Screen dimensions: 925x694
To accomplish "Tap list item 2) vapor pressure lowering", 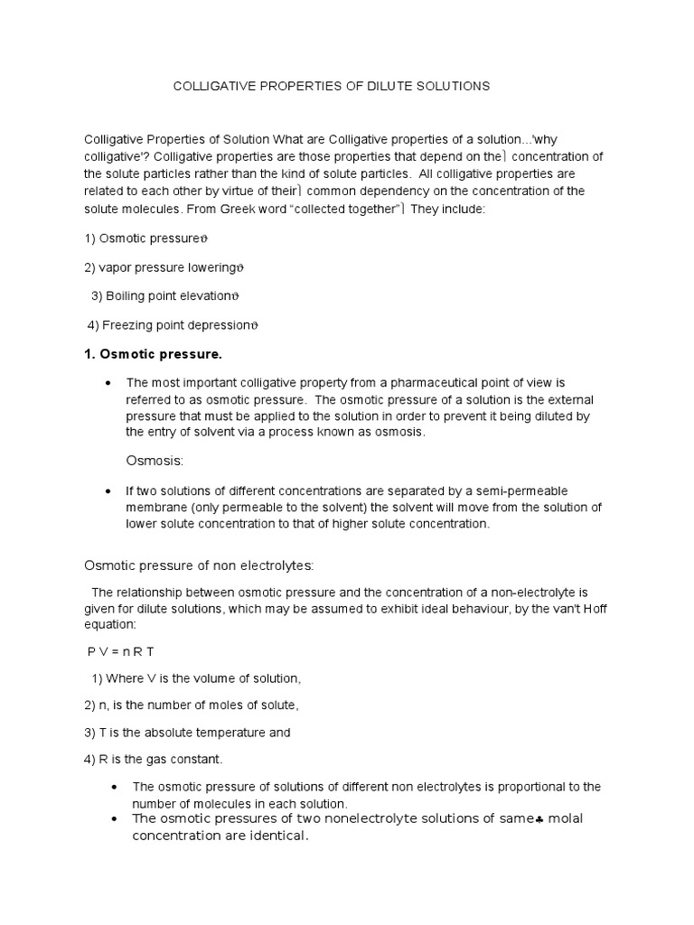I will (x=164, y=267).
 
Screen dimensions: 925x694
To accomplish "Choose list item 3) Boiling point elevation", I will (x=165, y=295).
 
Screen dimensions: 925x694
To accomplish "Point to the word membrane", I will (x=155, y=508).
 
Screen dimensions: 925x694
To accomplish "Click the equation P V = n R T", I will (x=124, y=651).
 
